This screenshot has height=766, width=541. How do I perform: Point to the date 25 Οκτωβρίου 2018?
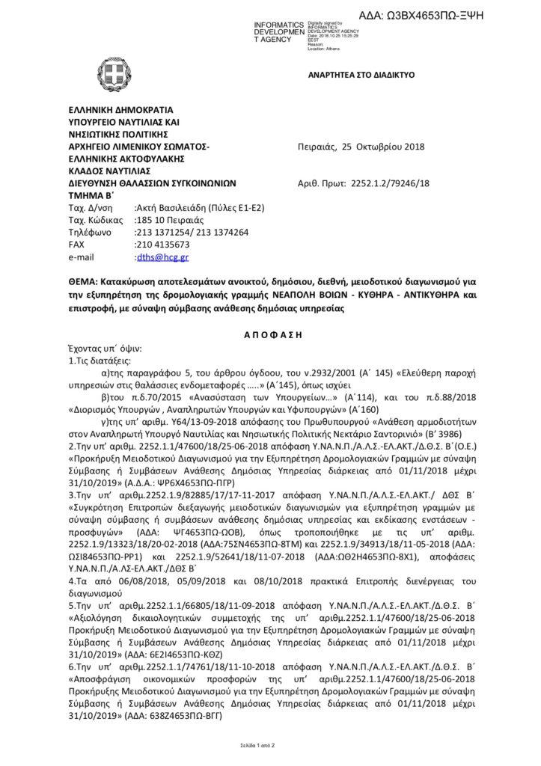pyautogui.click(x=382, y=147)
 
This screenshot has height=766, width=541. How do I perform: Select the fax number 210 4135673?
pyautogui.click(x=162, y=245)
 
